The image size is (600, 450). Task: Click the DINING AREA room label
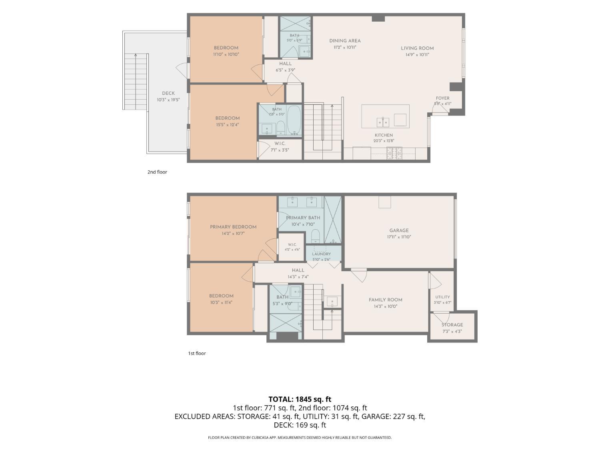345,41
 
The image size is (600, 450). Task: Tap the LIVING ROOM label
417,48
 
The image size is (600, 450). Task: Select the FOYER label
442,98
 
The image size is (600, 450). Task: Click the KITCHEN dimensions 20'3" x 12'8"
384,141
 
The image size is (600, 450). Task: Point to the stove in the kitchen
394,153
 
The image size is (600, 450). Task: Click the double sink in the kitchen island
383,122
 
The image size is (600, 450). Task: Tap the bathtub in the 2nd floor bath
294,120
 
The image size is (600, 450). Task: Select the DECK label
168,93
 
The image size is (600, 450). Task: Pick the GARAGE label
399,230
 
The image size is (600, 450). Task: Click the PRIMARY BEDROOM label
233,227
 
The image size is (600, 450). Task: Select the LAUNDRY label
321,254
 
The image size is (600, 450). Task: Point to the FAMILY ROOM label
386,300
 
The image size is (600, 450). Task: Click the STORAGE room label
452,324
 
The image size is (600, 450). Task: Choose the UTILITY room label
442,297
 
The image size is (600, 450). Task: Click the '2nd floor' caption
157,172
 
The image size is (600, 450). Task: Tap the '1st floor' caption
197,353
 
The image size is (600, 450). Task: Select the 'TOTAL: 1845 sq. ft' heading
300,399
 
